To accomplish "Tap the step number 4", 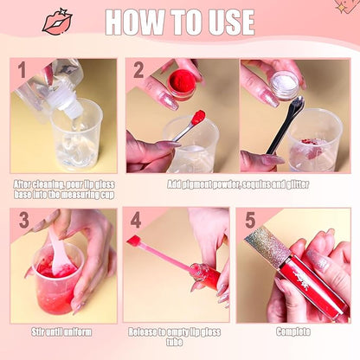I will click(x=136, y=221).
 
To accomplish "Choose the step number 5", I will click(x=251, y=221).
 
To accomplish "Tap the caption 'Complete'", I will click(x=293, y=331).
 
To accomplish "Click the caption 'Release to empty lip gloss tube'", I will click(x=181, y=337).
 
